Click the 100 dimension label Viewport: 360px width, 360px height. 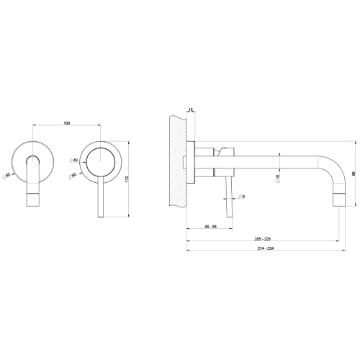(x=66, y=125)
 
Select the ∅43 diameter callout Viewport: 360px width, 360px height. (x=74, y=161)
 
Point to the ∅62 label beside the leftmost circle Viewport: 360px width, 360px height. (x=7, y=174)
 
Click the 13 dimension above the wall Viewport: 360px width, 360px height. (x=190, y=109)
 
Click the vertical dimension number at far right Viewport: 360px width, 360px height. (x=354, y=173)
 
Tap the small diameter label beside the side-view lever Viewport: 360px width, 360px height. (x=243, y=196)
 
